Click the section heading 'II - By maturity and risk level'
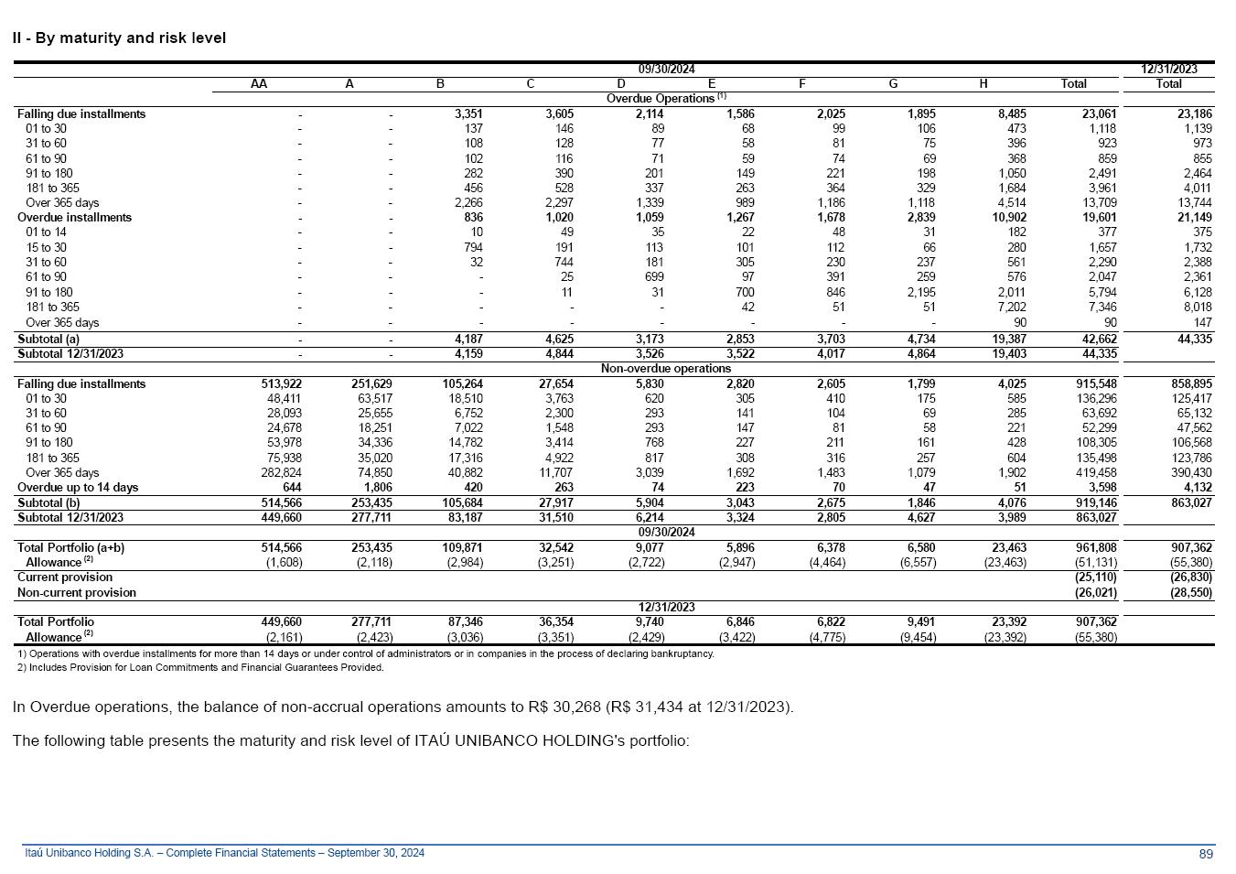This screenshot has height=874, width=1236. click(119, 38)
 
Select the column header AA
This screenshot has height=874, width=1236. click(259, 84)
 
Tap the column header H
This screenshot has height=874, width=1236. click(983, 84)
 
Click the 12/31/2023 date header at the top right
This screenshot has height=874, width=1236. click(1168, 69)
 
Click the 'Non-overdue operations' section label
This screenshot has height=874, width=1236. click(666, 369)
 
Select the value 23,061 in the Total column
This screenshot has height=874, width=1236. click(1096, 114)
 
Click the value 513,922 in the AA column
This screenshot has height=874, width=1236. click(281, 384)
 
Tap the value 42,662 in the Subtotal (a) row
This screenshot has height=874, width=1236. click(1096, 340)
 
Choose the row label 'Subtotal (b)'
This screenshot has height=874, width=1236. click(48, 502)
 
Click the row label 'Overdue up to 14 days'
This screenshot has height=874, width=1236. click(78, 488)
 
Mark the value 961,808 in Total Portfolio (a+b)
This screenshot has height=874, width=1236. click(1096, 548)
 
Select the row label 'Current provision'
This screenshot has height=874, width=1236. click(65, 577)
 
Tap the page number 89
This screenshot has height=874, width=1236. click(1206, 854)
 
